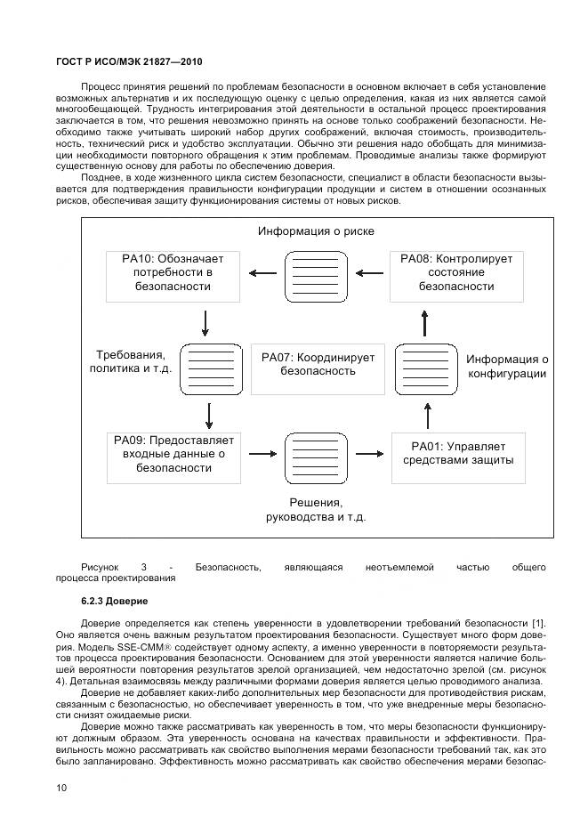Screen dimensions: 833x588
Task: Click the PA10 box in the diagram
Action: pos(173,273)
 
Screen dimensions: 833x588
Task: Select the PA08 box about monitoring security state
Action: pos(456,273)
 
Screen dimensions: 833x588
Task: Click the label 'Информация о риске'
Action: pos(316,231)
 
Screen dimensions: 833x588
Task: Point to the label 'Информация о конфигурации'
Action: pos(507,367)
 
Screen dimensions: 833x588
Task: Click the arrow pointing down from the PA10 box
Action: pos(206,322)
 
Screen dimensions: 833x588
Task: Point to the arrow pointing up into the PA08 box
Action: pos(425,323)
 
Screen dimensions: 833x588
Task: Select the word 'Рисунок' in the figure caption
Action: pos(99,567)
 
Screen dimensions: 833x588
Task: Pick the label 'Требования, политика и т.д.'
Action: pos(131,361)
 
